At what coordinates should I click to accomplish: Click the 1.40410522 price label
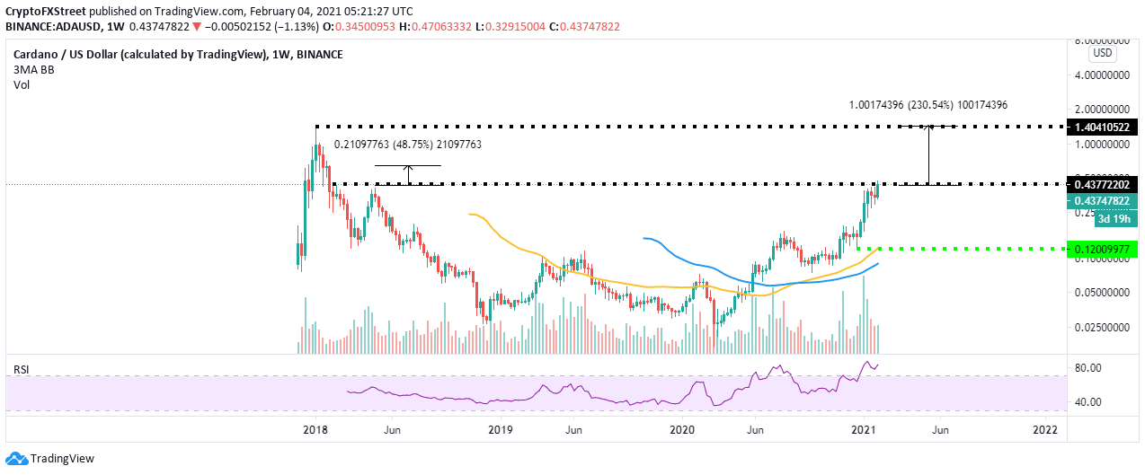click(x=1101, y=128)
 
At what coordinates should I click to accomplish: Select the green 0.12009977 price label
click(x=1101, y=249)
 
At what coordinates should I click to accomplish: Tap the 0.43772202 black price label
click(x=1101, y=184)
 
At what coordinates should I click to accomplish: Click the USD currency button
click(x=1102, y=53)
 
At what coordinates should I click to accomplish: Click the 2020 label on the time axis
click(x=684, y=430)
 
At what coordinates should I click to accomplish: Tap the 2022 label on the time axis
click(x=1044, y=430)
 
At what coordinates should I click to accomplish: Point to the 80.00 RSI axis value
click(x=1088, y=368)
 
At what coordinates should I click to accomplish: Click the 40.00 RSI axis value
click(x=1088, y=402)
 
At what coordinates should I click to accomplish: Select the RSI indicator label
click(x=20, y=369)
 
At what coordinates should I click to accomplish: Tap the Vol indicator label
click(x=22, y=86)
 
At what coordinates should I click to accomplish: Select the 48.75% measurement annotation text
click(x=408, y=144)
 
